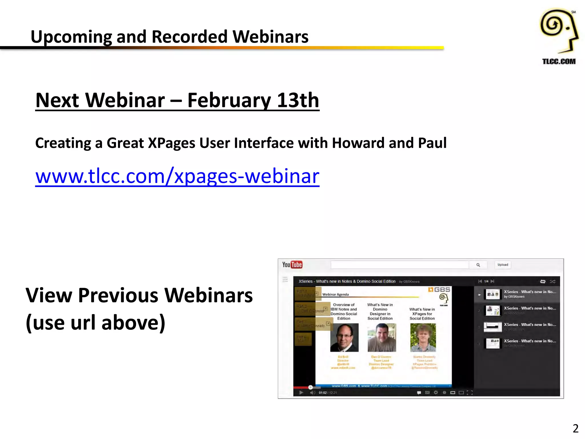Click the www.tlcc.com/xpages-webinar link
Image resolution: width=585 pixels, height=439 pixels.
tap(177, 176)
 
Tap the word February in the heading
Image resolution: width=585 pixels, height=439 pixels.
tap(228, 100)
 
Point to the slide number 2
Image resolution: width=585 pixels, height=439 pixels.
tap(575, 428)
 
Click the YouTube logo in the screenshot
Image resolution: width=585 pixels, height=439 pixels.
tap(292, 265)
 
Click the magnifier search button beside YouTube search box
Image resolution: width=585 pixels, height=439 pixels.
tap(478, 265)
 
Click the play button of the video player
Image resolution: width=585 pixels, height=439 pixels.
tap(301, 393)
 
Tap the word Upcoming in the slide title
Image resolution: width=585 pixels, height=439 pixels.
tap(71, 37)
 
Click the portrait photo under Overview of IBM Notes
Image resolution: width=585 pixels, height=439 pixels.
tap(344, 338)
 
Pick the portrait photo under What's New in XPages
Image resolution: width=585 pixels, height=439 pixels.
tap(423, 338)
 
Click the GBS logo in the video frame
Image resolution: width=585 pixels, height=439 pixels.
tap(439, 290)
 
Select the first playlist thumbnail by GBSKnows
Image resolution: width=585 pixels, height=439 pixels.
tap(493, 294)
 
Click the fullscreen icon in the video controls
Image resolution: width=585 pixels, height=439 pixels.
tap(470, 393)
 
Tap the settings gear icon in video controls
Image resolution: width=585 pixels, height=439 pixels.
tap(436, 393)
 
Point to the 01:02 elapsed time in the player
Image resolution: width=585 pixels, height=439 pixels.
tap(322, 393)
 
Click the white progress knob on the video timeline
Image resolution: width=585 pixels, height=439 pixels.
tap(310, 387)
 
